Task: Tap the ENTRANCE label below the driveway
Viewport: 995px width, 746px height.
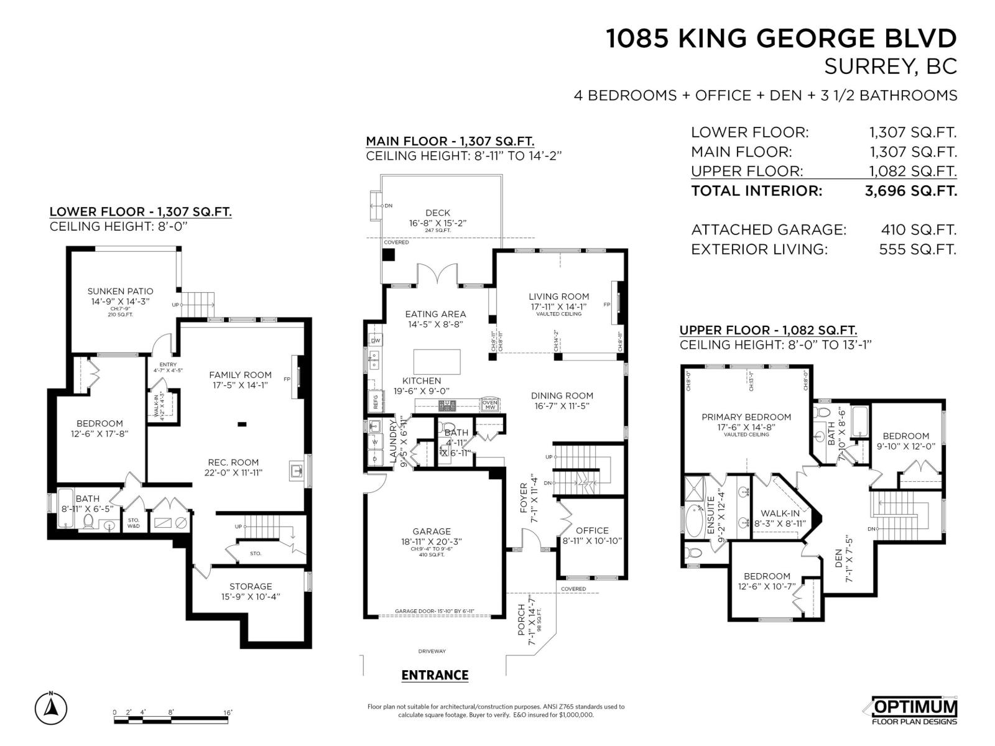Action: click(x=435, y=675)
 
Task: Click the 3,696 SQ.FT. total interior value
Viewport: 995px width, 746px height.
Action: click(x=910, y=191)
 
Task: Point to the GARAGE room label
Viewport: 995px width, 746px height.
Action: click(x=432, y=532)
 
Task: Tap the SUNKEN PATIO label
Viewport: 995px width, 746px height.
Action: click(x=120, y=291)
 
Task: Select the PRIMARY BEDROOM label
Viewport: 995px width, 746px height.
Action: click(x=746, y=417)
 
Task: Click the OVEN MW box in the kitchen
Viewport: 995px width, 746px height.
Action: click(x=490, y=405)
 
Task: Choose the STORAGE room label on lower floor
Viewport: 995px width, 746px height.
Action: click(x=251, y=586)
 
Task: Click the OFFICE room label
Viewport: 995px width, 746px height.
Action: click(x=592, y=530)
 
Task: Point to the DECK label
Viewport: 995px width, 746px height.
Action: click(x=438, y=213)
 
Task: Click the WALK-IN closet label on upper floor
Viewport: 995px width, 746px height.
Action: click(x=780, y=513)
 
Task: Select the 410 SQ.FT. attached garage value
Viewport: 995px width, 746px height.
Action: click(x=919, y=230)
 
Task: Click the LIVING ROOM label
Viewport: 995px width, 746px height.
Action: click(x=558, y=297)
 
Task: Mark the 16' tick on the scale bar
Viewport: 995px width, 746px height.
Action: click(x=228, y=712)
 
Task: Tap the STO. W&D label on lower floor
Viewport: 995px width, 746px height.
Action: click(x=134, y=523)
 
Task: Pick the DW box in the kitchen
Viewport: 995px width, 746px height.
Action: click(x=376, y=341)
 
